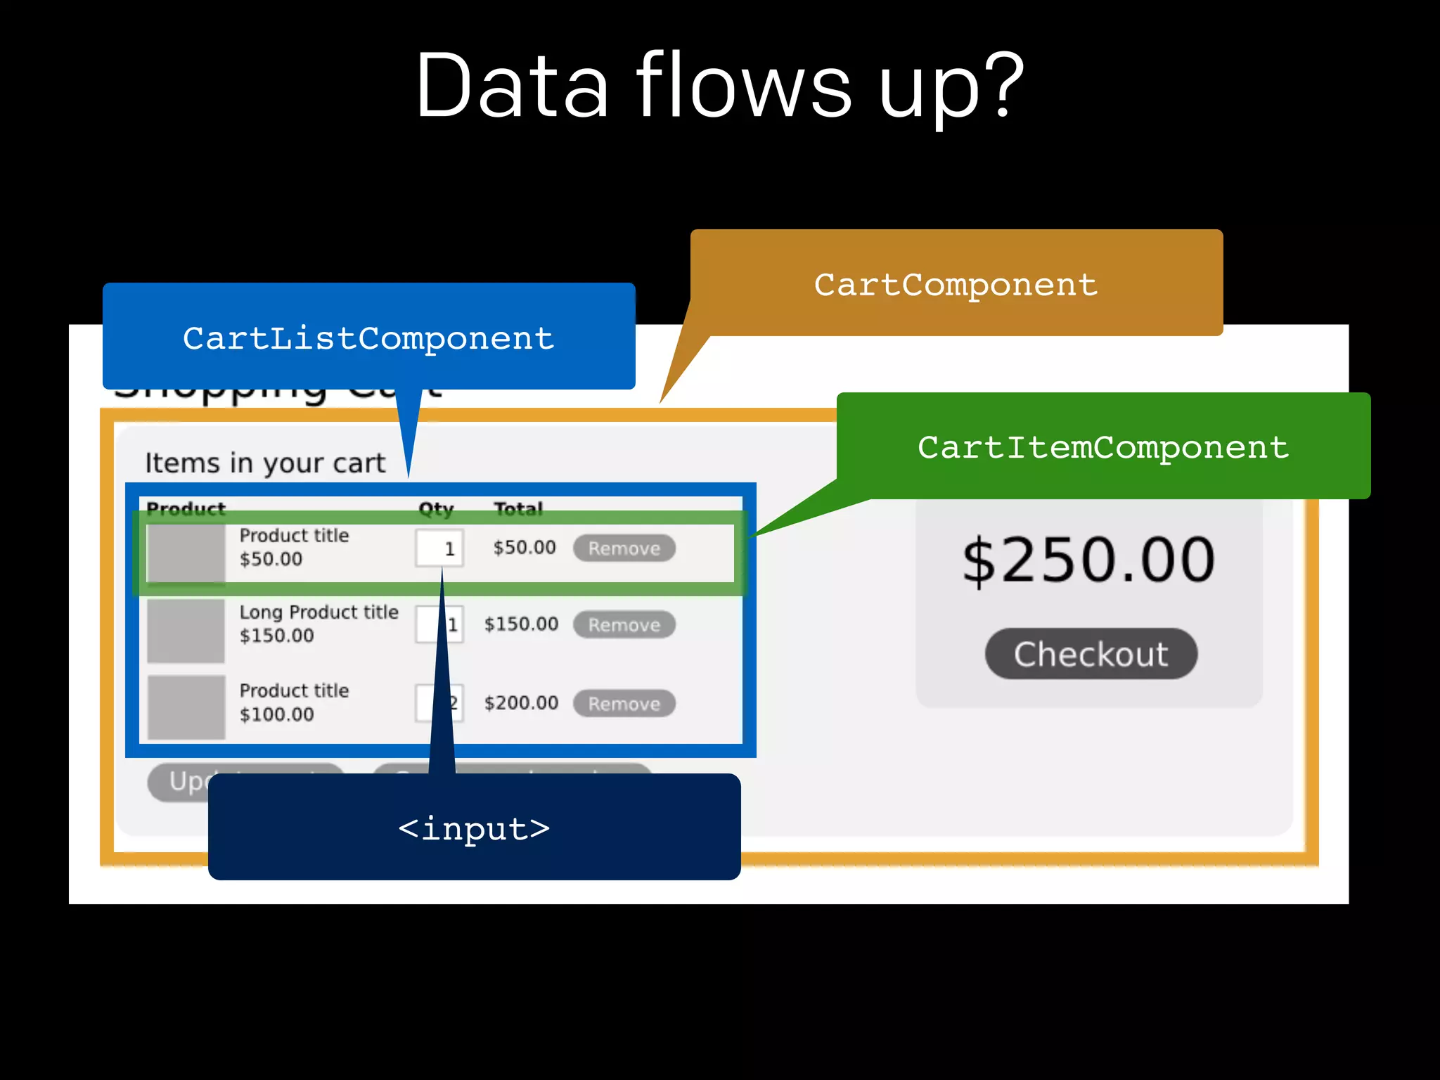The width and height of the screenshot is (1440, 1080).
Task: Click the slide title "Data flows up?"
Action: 719,86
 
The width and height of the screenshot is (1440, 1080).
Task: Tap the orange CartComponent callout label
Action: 956,283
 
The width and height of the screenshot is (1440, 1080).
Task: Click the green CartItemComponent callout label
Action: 1103,446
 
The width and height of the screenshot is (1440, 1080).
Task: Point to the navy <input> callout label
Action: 474,828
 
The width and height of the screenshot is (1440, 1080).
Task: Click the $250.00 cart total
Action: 1088,560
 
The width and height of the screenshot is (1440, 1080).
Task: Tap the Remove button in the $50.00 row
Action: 624,548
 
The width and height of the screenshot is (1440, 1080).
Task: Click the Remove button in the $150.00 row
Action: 624,625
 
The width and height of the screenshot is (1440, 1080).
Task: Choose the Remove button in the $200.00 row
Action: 624,704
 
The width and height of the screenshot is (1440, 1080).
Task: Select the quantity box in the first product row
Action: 439,548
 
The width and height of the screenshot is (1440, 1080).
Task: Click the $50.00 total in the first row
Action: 525,547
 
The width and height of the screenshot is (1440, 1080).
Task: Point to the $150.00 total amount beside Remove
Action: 521,624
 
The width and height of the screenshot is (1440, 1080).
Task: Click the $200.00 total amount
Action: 521,703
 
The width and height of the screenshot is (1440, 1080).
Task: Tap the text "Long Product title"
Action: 319,612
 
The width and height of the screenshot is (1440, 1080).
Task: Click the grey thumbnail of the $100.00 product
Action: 186,707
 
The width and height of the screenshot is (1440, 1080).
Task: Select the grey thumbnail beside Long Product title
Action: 186,631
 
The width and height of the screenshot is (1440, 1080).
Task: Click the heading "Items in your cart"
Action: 265,463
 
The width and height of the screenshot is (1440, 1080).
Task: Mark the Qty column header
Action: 436,508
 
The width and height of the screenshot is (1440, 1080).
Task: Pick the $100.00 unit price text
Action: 277,714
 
